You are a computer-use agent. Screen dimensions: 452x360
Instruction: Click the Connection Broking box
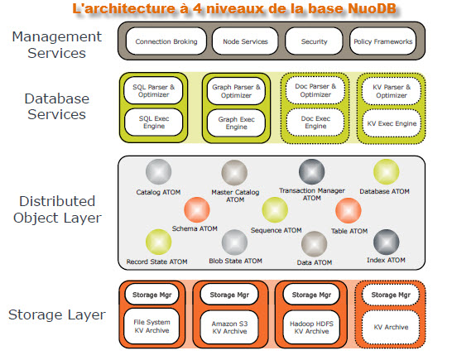tap(166, 41)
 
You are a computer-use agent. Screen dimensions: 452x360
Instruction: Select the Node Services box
tap(245, 41)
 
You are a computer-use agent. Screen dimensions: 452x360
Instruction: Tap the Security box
tap(314, 41)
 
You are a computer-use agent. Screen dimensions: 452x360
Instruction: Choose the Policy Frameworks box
tap(382, 41)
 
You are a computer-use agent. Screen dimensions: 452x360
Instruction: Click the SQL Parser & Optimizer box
tap(153, 90)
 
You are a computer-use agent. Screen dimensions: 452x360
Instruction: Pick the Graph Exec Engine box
tap(236, 123)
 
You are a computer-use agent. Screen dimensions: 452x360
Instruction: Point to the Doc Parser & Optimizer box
tap(315, 90)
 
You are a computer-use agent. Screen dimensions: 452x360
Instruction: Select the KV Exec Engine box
tap(392, 123)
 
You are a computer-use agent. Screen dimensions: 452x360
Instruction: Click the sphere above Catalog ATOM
tap(159, 172)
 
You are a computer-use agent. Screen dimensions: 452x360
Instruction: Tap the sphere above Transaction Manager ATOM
tap(311, 171)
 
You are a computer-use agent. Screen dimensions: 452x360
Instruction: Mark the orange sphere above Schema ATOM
tap(197, 210)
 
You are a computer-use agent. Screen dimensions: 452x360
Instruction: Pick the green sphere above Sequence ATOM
tap(275, 210)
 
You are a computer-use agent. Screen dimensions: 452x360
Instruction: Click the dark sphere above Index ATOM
tap(387, 242)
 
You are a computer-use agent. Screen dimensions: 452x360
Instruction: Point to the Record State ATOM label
tap(156, 262)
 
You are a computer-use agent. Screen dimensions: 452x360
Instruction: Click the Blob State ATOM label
tap(235, 261)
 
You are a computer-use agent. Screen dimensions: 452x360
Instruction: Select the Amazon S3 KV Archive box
tap(229, 328)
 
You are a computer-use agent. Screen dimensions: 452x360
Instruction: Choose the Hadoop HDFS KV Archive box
tap(311, 328)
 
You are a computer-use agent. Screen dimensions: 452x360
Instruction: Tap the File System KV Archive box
tap(151, 326)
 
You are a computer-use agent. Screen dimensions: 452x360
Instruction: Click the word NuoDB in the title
tap(373, 8)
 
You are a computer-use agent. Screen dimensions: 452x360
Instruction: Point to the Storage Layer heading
tap(57, 314)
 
